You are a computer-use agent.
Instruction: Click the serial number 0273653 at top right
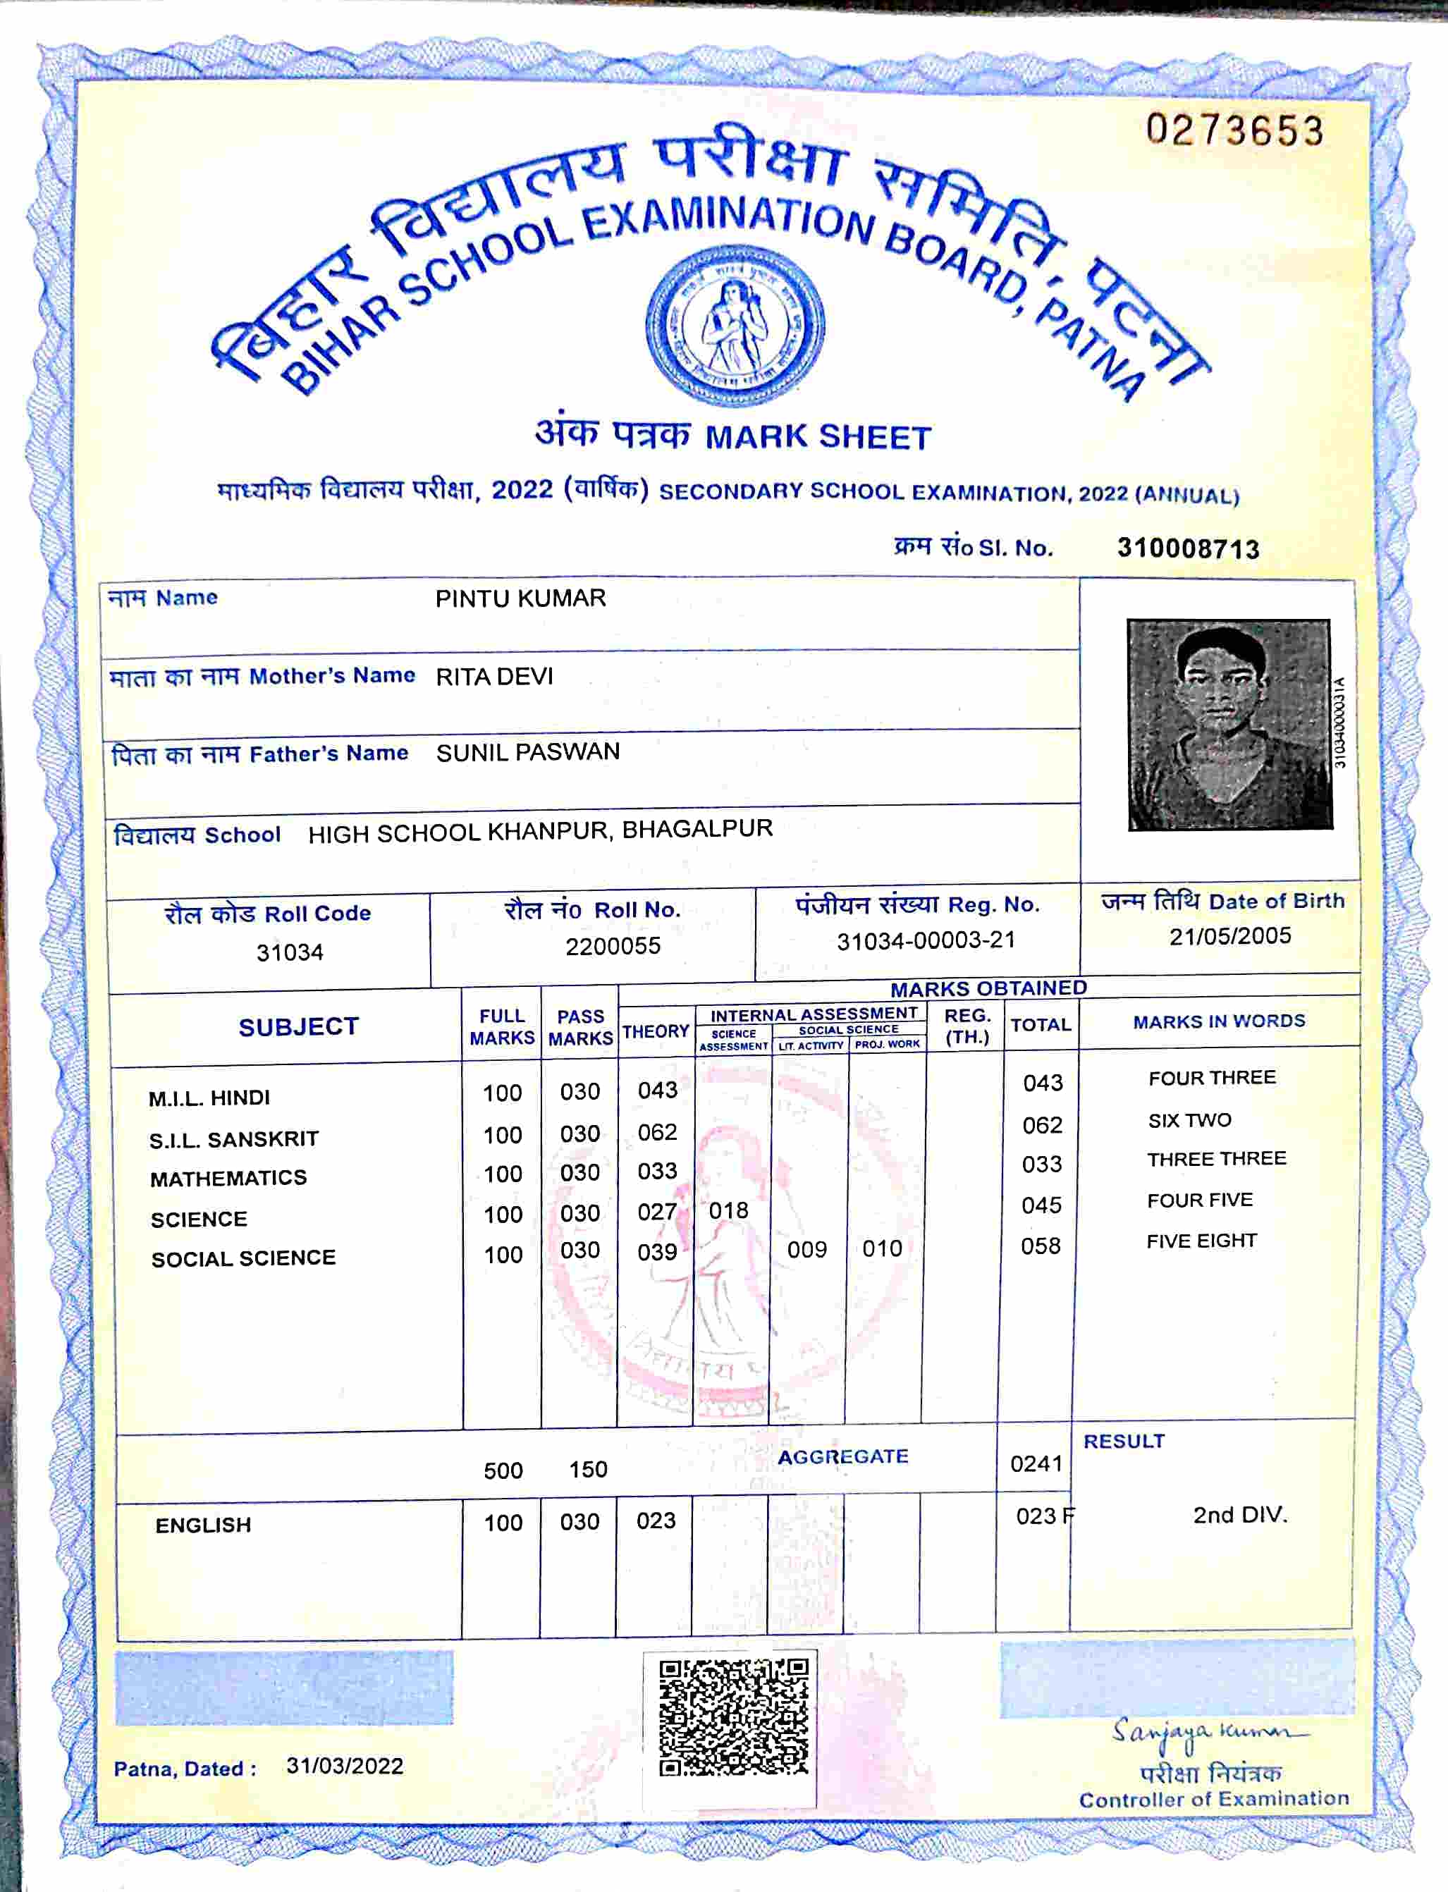click(1234, 132)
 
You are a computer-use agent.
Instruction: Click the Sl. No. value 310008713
click(1188, 548)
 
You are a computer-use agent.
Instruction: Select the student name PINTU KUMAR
click(520, 598)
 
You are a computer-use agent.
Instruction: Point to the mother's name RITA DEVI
click(494, 677)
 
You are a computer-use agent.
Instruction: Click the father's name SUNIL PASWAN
click(527, 752)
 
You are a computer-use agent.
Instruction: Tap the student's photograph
click(1229, 724)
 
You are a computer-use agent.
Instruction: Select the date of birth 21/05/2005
click(1230, 936)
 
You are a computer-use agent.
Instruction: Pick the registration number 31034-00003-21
click(926, 940)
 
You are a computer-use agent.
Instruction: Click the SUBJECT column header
click(298, 1026)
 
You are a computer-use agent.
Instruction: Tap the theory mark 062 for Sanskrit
click(657, 1132)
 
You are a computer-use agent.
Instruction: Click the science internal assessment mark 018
click(728, 1211)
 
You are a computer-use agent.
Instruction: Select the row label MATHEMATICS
click(228, 1179)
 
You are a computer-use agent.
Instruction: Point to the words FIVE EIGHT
click(1201, 1241)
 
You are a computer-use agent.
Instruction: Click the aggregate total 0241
click(1036, 1463)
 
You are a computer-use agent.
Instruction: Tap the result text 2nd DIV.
click(1239, 1516)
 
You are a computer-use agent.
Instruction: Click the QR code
click(733, 1717)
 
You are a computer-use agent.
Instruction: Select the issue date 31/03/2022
click(345, 1766)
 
